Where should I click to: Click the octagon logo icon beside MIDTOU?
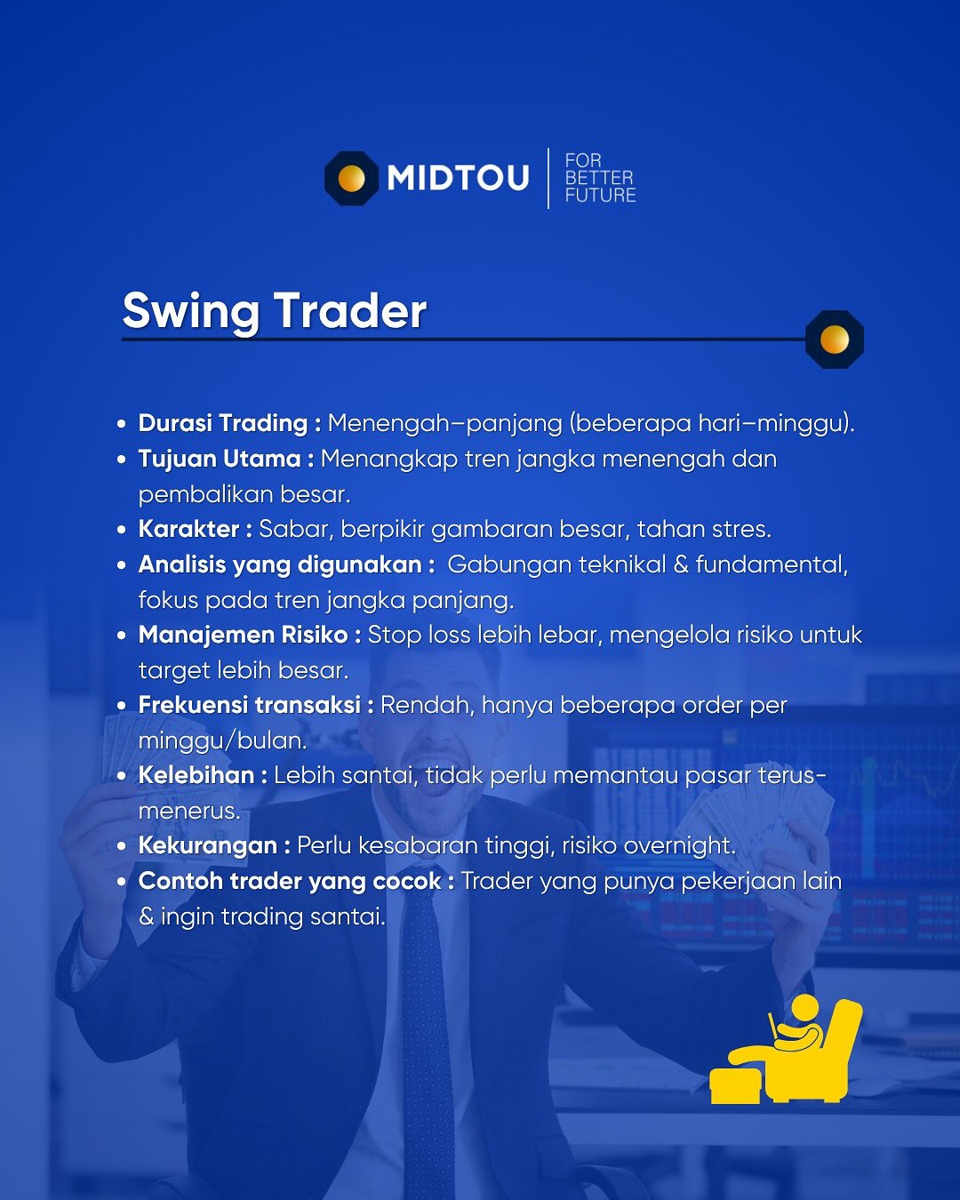click(351, 179)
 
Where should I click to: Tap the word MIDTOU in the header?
click(458, 179)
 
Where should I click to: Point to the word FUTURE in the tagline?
click(600, 196)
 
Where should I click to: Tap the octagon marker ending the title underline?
click(835, 339)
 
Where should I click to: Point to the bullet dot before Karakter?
click(122, 530)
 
